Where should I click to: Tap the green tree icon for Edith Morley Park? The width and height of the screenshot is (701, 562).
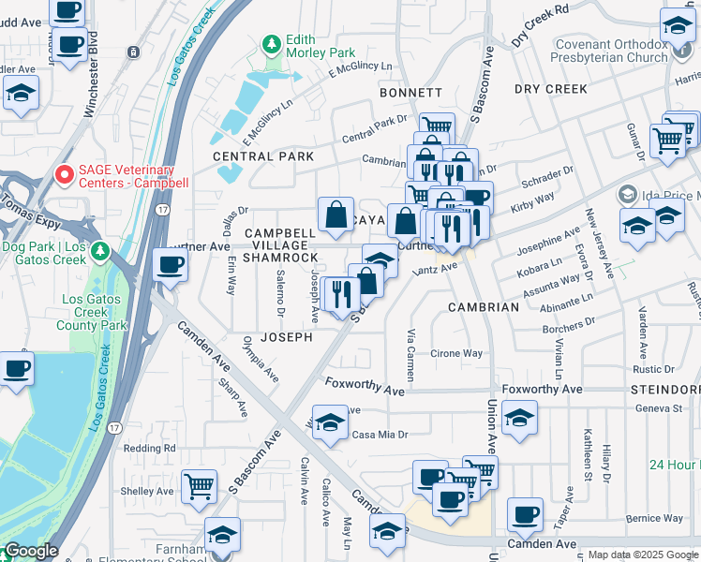271,45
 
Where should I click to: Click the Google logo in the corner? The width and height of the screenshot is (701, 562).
31,551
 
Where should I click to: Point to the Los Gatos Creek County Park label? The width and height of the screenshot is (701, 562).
93,312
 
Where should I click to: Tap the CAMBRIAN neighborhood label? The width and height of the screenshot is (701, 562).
483,307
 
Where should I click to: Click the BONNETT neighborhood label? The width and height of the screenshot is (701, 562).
410,93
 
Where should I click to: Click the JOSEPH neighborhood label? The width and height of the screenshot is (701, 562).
286,337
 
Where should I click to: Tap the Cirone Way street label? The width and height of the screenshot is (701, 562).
456,354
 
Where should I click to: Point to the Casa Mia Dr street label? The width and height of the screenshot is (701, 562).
380,435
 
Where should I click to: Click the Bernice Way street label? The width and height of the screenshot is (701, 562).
655,518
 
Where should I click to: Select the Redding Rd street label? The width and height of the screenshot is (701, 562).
149,449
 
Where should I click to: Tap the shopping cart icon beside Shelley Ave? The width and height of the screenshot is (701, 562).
199,486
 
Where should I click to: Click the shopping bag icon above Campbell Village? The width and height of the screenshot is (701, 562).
336,214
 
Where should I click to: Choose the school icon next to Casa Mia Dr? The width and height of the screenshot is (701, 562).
330,422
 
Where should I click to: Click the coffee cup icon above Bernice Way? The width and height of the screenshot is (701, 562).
525,513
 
